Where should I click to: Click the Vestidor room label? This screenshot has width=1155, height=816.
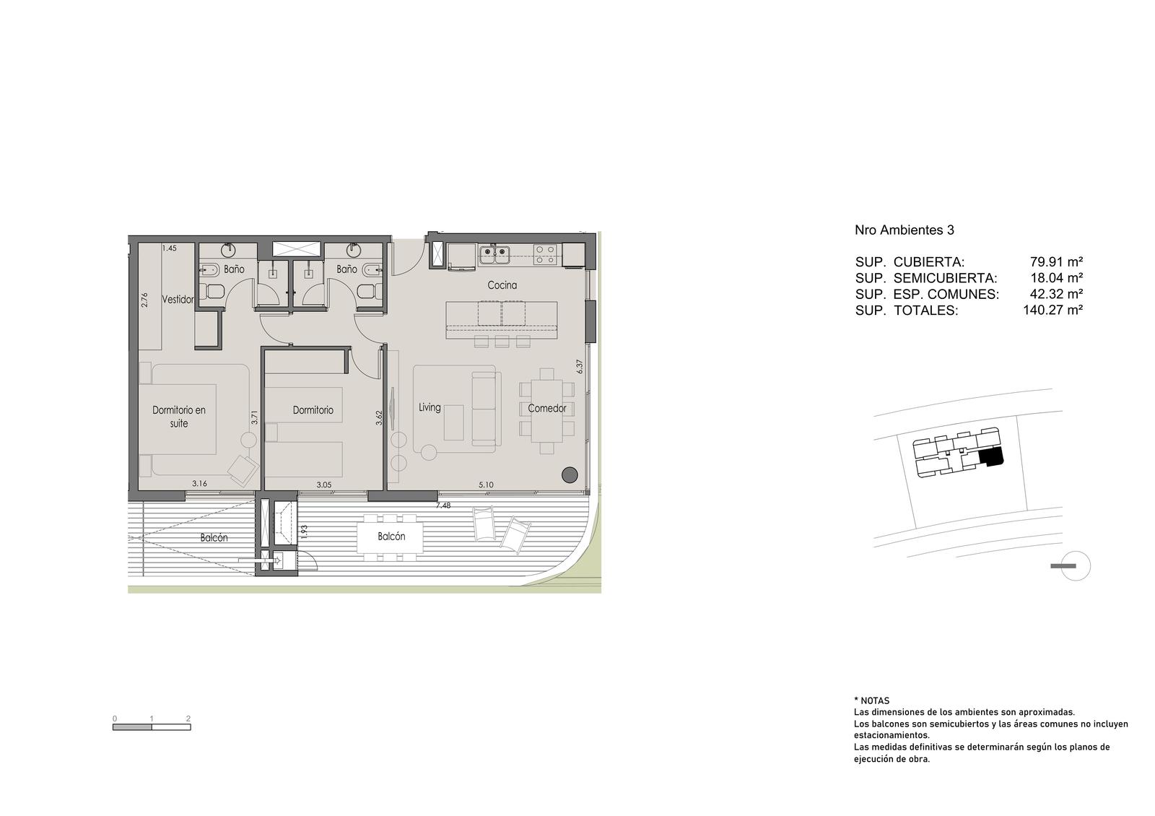point(178,299)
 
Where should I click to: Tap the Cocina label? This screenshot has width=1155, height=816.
point(502,285)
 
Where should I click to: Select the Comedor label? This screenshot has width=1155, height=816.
point(547,409)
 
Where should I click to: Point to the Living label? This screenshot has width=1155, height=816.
point(430,407)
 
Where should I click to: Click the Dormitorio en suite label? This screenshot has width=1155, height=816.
point(179,417)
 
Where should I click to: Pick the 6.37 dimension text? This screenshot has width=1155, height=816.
point(580,367)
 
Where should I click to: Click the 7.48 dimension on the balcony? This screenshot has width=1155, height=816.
point(443,505)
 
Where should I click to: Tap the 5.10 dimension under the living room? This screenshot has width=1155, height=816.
point(486,485)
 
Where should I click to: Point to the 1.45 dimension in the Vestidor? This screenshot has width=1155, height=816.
point(169,248)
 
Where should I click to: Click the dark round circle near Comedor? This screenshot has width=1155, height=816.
point(570,474)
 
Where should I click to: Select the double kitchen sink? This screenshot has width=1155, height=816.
point(494,254)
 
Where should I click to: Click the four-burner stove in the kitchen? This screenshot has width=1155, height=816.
point(545,254)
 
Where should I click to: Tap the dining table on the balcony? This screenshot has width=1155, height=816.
point(391,537)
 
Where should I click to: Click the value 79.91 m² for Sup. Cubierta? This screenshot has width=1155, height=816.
point(1057,261)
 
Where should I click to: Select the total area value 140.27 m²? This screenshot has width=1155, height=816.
point(1053,311)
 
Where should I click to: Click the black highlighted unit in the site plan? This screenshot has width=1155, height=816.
point(991,456)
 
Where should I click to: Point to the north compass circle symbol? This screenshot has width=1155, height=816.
point(1076,566)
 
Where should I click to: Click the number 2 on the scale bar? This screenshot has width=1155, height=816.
point(188,719)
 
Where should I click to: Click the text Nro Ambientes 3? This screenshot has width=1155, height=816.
point(905,230)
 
